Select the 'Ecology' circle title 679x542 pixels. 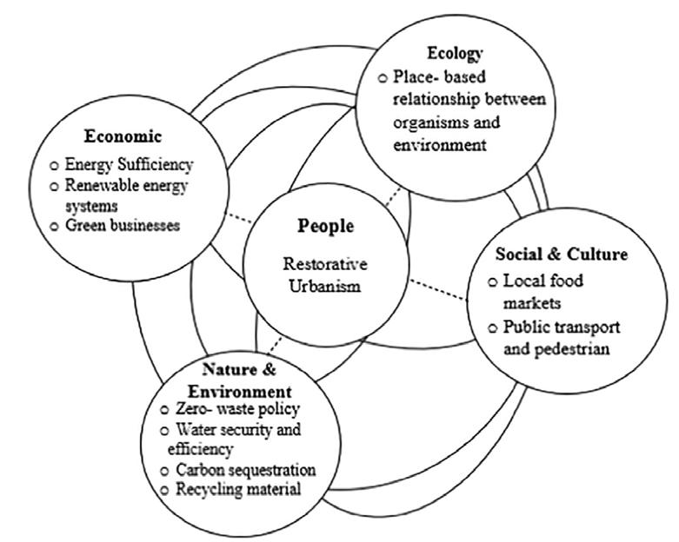coord(461,53)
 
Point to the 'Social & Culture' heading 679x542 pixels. coord(561,254)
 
